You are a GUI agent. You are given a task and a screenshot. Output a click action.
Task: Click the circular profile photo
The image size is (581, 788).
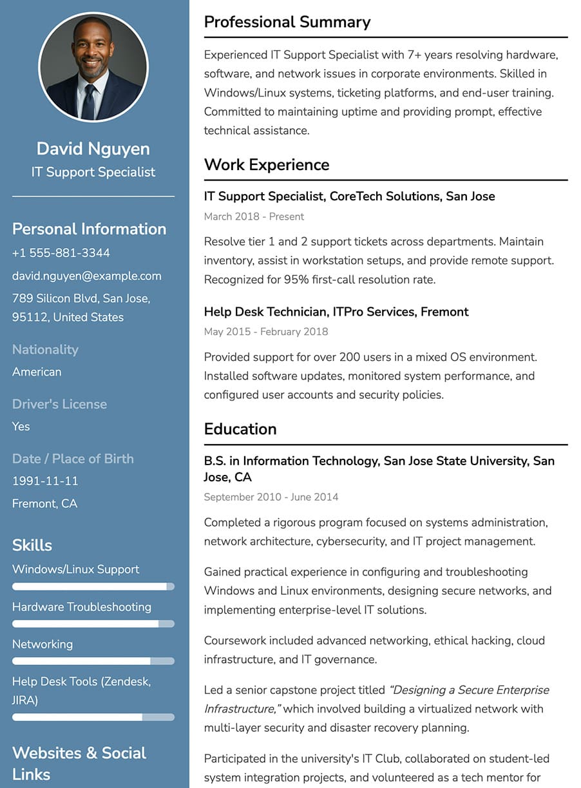[x=93, y=67]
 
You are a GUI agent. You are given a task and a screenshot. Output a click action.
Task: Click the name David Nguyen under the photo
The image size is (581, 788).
[x=93, y=149]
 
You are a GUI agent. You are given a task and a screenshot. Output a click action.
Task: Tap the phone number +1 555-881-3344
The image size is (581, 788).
[x=61, y=253]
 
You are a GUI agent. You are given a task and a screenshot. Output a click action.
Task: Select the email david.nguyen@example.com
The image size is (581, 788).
[x=87, y=276]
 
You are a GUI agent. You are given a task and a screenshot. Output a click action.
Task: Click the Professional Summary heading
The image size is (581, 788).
[x=287, y=22]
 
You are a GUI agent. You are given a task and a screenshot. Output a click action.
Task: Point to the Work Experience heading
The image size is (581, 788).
[x=267, y=165]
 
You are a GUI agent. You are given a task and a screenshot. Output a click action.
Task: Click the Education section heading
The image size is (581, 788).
[x=240, y=429]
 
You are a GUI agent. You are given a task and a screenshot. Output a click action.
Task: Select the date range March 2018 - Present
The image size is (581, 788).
[x=254, y=216]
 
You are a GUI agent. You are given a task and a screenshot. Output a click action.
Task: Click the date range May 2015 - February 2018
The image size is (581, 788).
[x=266, y=332]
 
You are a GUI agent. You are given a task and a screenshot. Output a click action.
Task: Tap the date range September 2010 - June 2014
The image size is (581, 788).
[x=271, y=497]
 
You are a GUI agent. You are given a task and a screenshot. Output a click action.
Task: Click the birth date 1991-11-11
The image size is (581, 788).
[x=45, y=481]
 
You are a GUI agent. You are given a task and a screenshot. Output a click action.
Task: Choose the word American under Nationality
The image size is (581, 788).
[x=37, y=372]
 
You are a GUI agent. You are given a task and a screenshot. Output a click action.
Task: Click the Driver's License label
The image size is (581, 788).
[x=59, y=404]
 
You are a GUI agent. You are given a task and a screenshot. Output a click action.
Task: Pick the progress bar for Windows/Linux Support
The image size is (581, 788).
[x=93, y=587]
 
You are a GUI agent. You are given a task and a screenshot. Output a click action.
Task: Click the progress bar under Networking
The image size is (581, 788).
[x=93, y=661]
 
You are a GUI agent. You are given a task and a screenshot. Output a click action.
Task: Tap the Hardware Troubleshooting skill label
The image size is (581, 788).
[x=82, y=607]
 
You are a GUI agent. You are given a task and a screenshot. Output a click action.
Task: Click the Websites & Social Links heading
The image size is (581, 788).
[x=79, y=763]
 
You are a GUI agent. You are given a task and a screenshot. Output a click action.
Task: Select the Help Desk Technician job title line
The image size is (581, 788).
[x=336, y=312]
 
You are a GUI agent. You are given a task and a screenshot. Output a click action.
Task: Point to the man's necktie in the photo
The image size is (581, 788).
[x=88, y=101]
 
